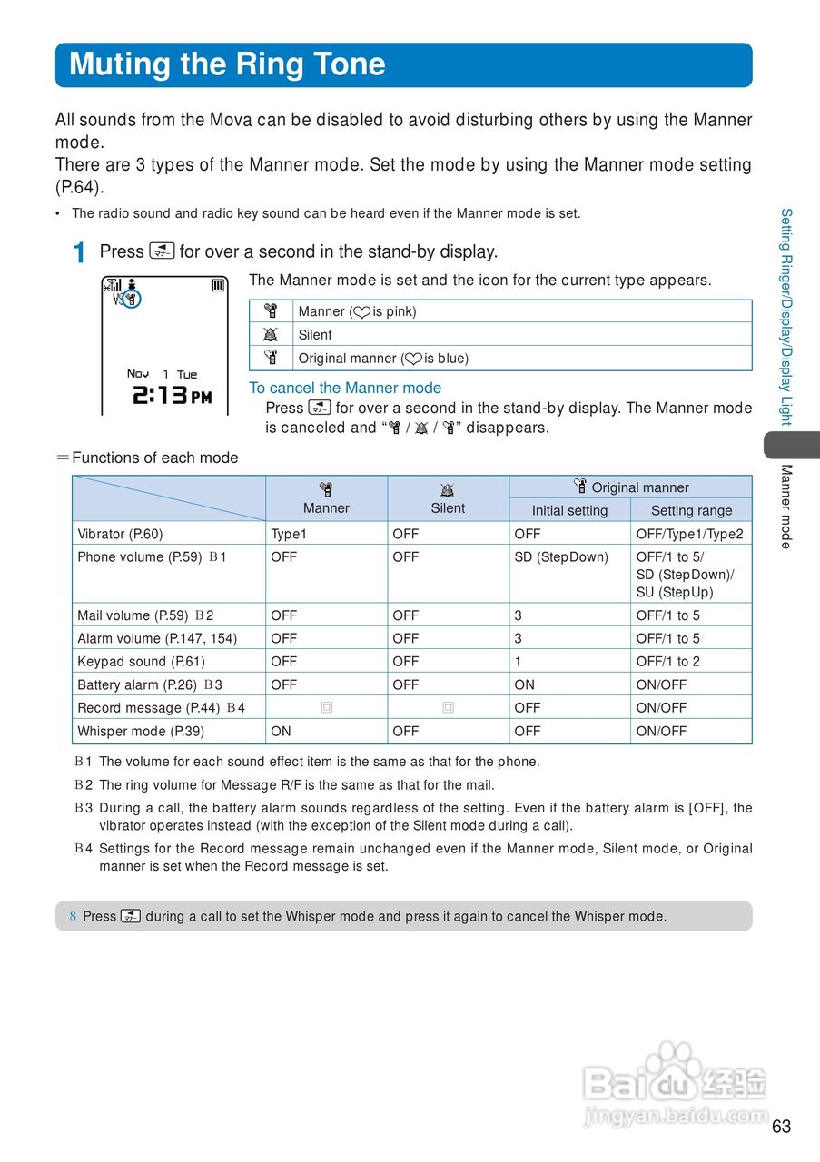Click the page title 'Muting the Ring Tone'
[x=227, y=64]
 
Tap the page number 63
[x=781, y=1127]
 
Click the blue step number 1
[x=80, y=253]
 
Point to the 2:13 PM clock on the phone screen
[x=172, y=396]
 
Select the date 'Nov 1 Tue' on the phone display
[x=162, y=374]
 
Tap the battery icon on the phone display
[x=218, y=285]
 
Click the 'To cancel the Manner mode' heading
[x=345, y=388]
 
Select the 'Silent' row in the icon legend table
[x=315, y=335]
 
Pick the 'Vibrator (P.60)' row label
[x=121, y=534]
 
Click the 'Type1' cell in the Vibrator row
[x=289, y=534]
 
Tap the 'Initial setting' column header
[x=569, y=510]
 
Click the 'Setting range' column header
[x=691, y=510]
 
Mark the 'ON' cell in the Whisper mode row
[x=281, y=731]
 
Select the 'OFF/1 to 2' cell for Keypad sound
[x=667, y=662]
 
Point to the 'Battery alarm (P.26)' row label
[x=138, y=684]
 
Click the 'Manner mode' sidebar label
[x=786, y=507]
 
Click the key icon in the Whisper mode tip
[x=131, y=916]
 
